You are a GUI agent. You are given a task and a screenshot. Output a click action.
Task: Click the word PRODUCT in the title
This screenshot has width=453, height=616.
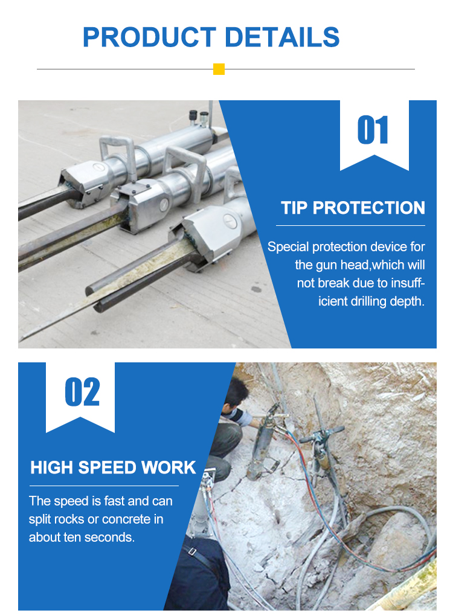[x=149, y=37]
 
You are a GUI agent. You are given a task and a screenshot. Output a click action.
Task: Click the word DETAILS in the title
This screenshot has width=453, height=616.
[x=281, y=37]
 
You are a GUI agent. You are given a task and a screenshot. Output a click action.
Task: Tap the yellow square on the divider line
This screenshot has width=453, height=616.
[x=219, y=69]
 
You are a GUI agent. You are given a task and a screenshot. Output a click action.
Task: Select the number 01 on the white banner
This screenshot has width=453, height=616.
[x=373, y=130]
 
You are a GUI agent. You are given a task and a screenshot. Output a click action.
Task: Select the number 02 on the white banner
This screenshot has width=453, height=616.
[x=82, y=392]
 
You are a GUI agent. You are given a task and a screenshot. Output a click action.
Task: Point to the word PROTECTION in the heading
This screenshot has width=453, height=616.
[x=368, y=208]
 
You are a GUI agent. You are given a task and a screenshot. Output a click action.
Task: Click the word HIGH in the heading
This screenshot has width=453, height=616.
[x=51, y=467]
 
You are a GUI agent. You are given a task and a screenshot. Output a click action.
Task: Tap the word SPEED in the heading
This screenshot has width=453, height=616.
[x=108, y=467]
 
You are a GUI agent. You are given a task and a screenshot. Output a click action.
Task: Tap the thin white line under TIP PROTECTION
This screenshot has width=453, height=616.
[x=350, y=225]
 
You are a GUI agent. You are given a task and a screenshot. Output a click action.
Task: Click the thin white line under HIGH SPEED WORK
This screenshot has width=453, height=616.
[x=104, y=486]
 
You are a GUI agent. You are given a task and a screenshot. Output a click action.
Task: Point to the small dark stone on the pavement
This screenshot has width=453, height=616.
[x=256, y=289]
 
